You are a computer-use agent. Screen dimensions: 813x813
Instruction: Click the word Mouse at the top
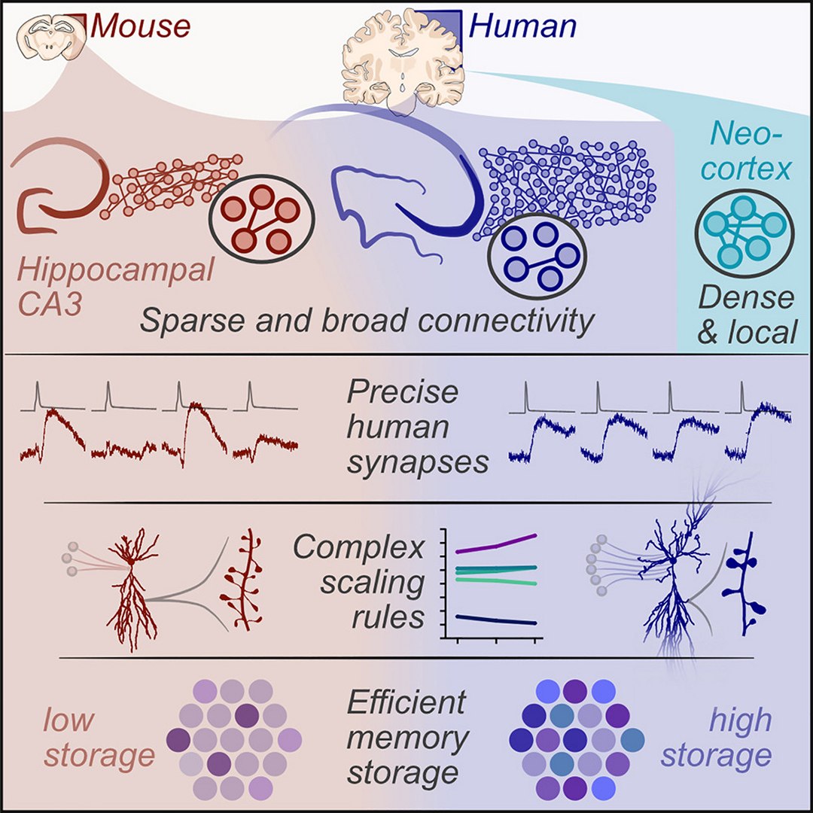[x=140, y=26]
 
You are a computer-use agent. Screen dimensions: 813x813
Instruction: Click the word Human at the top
[x=522, y=26]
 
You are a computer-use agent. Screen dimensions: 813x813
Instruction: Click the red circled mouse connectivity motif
[x=260, y=216]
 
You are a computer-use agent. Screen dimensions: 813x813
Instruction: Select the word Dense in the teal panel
[x=746, y=298]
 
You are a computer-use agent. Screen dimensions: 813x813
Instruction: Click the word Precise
[x=402, y=393]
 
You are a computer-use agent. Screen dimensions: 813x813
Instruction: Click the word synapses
[x=418, y=461]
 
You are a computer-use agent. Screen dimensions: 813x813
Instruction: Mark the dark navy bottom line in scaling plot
[x=497, y=620]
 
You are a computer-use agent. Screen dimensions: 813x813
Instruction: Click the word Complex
[x=359, y=548]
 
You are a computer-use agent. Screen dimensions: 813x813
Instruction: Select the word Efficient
[x=406, y=702]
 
